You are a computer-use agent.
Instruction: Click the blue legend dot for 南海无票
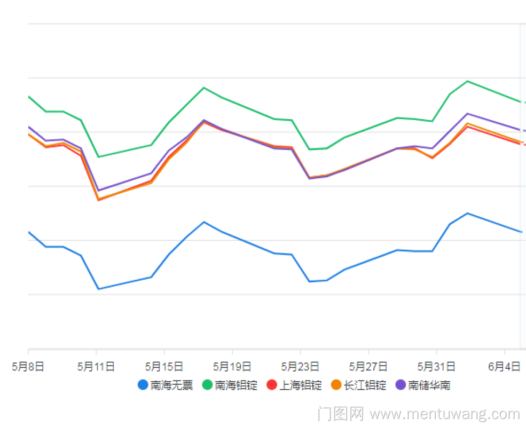click(x=143, y=385)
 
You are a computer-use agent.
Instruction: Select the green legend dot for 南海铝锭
click(x=208, y=385)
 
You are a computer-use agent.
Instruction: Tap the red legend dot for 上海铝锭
click(x=272, y=385)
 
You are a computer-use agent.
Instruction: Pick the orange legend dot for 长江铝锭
click(x=336, y=385)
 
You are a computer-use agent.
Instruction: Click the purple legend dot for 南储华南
click(x=401, y=385)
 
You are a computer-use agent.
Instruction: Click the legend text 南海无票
click(x=171, y=385)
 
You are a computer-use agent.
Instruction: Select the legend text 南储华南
click(x=429, y=385)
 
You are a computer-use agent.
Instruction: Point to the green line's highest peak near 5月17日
click(x=203, y=88)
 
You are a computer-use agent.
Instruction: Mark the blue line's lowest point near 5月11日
click(x=98, y=289)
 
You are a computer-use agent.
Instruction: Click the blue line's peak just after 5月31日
click(x=468, y=213)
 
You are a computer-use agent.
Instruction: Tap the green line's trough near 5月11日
click(x=98, y=157)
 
